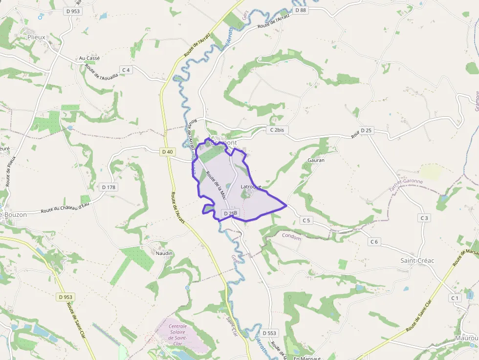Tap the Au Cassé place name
(x=89, y=58)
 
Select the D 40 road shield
(x=167, y=152)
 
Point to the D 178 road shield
(x=109, y=187)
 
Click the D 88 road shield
(x=300, y=10)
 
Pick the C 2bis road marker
(x=277, y=130)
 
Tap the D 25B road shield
(x=230, y=213)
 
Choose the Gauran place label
(x=316, y=160)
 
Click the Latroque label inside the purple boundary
(x=251, y=187)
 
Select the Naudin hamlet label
(x=164, y=253)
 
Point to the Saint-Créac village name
(x=417, y=260)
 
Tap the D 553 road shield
(x=269, y=333)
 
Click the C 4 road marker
(x=126, y=70)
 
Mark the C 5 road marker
(x=306, y=220)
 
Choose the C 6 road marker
(x=374, y=242)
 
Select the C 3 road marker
(x=424, y=217)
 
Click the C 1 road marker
(x=455, y=297)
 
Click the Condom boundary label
(x=291, y=236)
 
